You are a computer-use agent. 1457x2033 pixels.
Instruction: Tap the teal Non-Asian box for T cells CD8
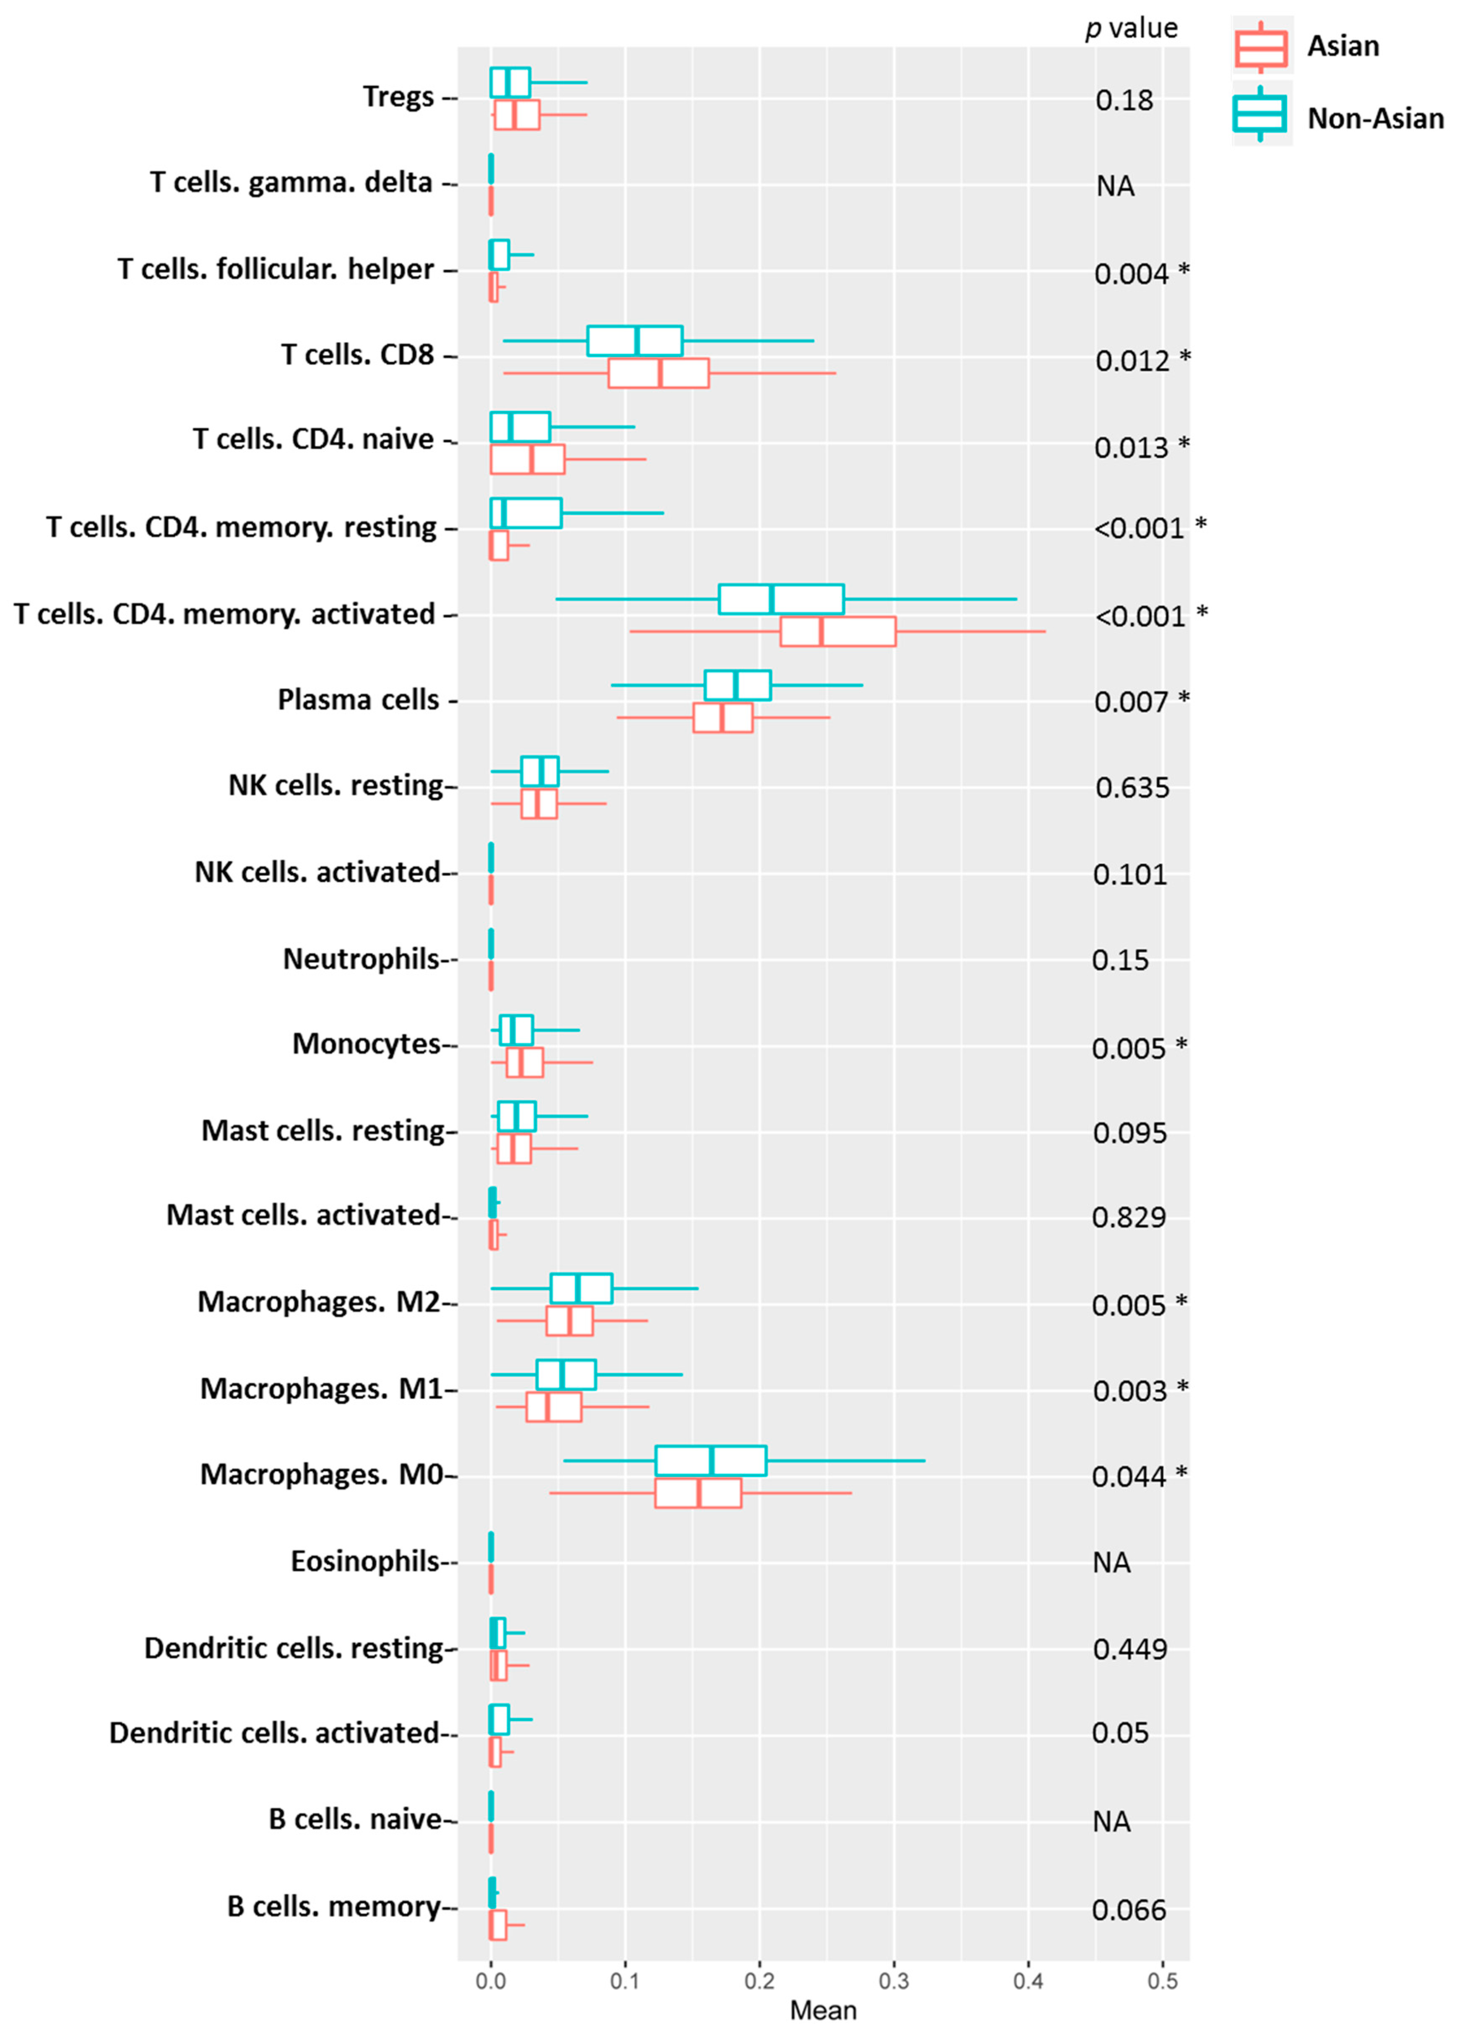tap(635, 340)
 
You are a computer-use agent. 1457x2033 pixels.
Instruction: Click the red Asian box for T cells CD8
tap(658, 374)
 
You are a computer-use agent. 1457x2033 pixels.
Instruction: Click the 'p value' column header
tap(1132, 29)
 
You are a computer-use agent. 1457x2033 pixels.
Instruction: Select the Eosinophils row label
tap(365, 1561)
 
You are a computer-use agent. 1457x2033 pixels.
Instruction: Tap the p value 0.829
tap(1129, 1217)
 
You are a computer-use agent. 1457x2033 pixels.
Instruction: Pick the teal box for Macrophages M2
tap(581, 1288)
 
